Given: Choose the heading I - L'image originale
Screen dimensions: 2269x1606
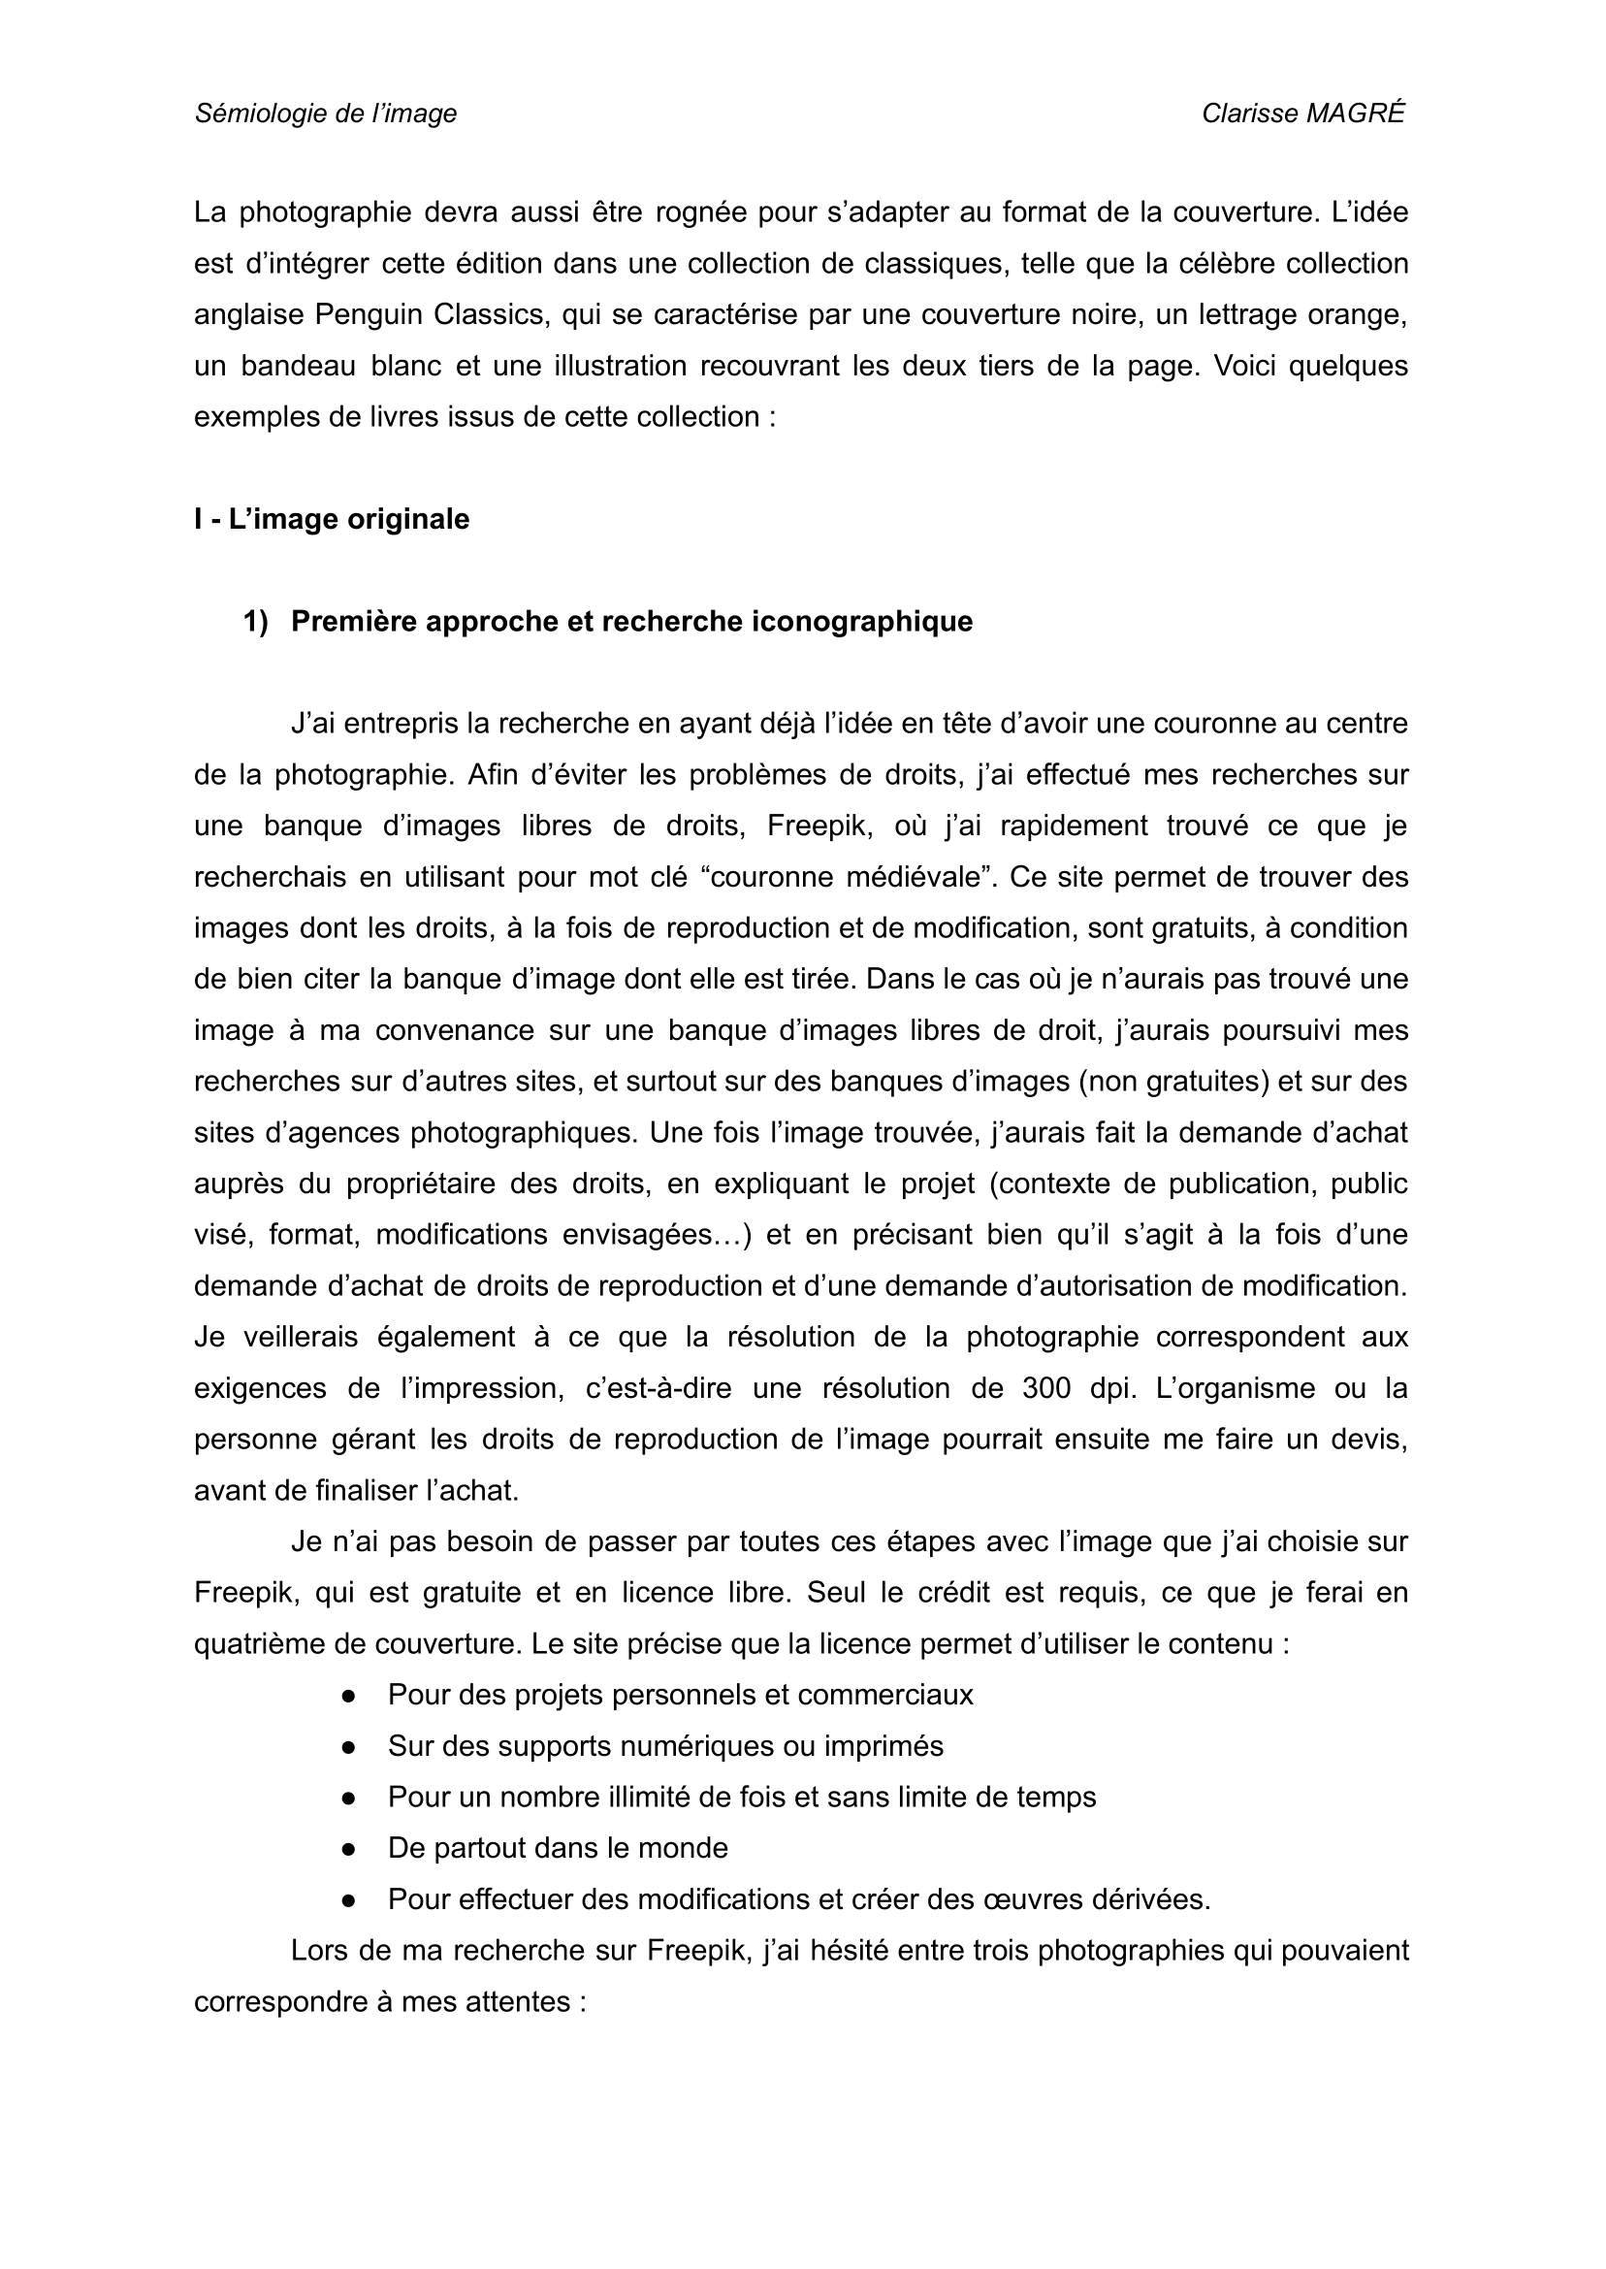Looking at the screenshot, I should coord(332,519).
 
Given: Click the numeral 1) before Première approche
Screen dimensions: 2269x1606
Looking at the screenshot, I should coord(255,621).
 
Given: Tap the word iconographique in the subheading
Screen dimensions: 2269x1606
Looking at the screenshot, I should coord(862,621).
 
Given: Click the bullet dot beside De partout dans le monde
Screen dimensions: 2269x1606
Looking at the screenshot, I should coord(348,1849).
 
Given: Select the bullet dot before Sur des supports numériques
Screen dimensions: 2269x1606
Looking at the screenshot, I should coord(348,1747).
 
